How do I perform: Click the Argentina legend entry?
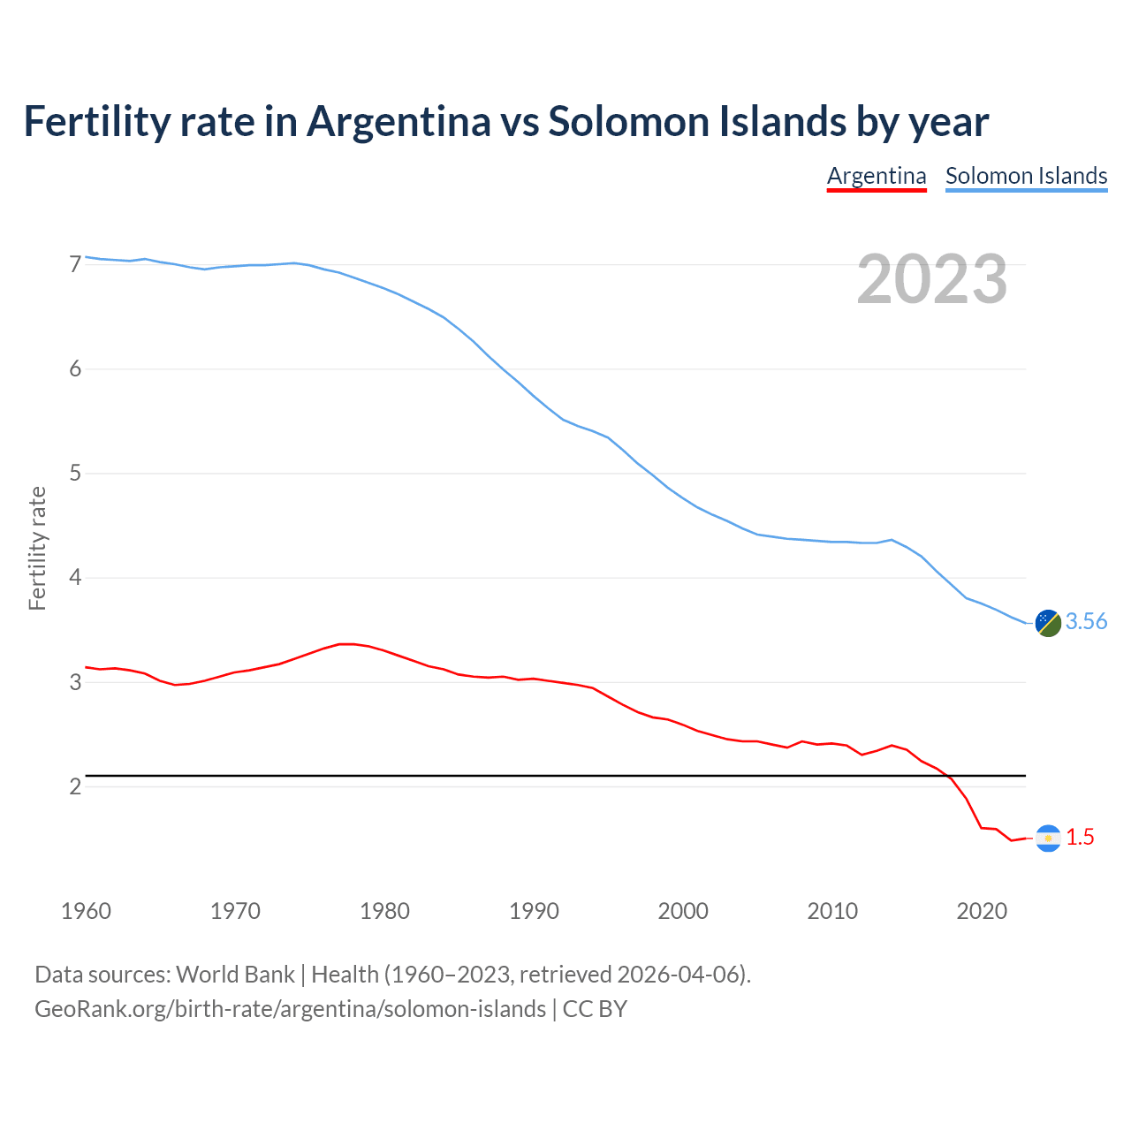pos(877,176)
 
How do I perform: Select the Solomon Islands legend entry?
pos(1026,176)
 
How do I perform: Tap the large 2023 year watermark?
pos(932,279)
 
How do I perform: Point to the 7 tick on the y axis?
pos(75,264)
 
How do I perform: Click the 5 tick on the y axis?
pos(75,474)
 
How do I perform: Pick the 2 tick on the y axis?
pos(75,786)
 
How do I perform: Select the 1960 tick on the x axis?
pos(86,911)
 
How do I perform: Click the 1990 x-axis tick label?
pos(534,911)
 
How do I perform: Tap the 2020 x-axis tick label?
pos(982,911)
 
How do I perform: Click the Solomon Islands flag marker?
pos(1048,623)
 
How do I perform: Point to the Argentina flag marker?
pos(1048,838)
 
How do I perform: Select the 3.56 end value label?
pos(1086,622)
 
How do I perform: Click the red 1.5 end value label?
pos(1080,838)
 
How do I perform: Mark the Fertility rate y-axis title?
pos(37,548)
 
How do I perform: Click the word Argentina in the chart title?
pos(399,121)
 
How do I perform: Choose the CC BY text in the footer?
pos(595,1009)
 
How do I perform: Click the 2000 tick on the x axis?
pos(683,911)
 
